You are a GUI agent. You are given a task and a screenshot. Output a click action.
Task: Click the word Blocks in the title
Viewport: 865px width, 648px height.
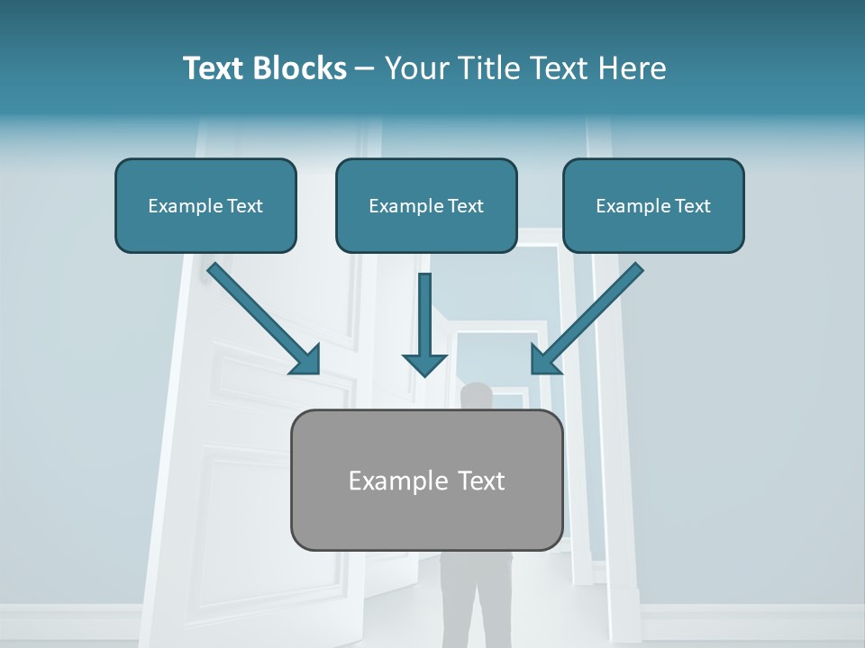pos(300,68)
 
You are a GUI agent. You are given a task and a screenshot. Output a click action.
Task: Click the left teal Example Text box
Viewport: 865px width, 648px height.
pos(205,205)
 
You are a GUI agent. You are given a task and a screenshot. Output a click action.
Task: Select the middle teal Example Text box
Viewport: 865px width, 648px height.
pos(426,205)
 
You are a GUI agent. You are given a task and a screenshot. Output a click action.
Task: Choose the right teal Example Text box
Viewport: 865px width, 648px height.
pos(653,205)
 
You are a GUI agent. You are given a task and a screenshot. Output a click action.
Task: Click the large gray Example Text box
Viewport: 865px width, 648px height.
pos(426,480)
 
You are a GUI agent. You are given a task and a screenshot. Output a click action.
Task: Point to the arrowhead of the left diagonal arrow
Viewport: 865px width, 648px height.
pos(306,360)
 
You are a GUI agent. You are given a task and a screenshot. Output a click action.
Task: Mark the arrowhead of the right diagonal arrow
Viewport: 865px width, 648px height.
pos(544,360)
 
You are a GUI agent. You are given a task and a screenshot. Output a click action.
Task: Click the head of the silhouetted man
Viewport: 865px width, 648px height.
pos(477,396)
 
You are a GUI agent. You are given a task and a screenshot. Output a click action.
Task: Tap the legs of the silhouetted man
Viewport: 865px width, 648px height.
pos(476,594)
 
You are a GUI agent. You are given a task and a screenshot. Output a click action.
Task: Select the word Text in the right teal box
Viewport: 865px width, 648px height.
pos(692,206)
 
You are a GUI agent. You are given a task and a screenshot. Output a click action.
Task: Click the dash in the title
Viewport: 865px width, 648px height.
pos(365,69)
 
